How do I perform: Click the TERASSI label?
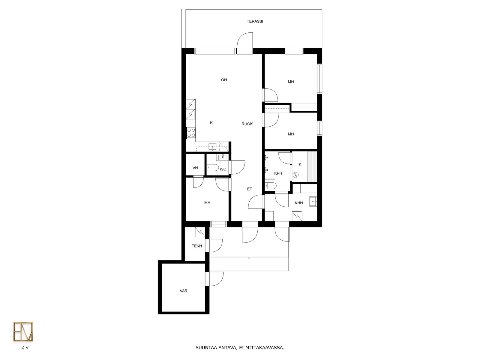(255, 21)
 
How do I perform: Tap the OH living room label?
(224, 80)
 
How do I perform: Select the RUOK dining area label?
(247, 124)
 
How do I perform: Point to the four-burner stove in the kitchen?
(191, 133)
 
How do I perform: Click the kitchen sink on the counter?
(212, 147)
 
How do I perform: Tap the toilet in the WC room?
(213, 168)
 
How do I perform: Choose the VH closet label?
(195, 168)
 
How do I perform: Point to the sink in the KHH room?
(313, 201)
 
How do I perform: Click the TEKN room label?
(196, 246)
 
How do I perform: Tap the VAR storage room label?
(184, 291)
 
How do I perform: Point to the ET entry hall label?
(250, 189)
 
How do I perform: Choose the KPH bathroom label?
(278, 173)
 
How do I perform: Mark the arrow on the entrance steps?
(249, 264)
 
